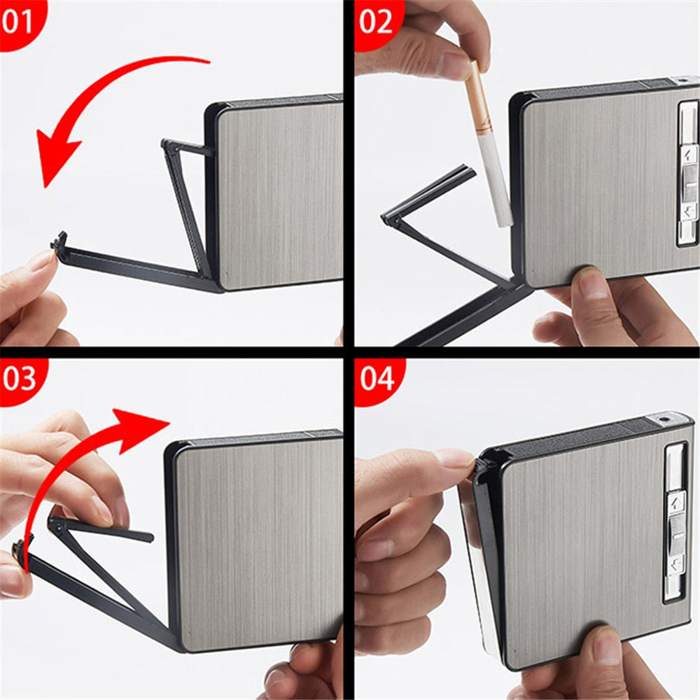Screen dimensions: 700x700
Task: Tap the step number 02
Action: click(375, 22)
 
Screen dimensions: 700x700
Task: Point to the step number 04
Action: click(377, 379)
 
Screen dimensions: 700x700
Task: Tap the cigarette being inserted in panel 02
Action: click(487, 143)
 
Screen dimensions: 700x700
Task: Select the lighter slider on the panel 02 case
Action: click(689, 174)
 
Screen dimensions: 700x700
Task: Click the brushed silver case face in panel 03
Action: click(259, 542)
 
